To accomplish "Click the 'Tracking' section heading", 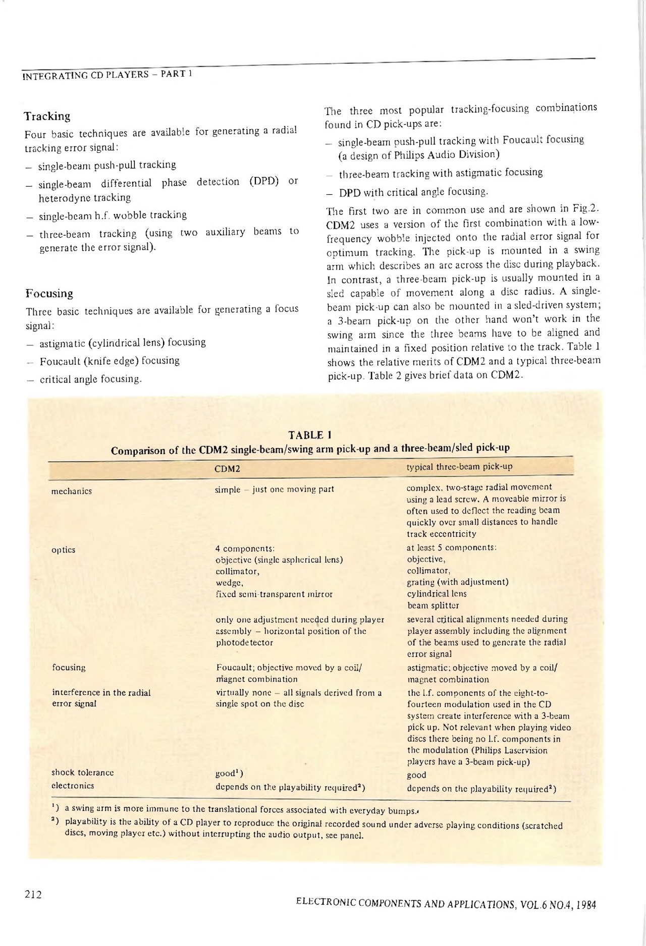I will (47, 117).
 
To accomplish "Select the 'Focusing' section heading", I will (49, 294).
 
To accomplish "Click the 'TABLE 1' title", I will (309, 435).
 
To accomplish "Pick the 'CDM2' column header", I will (227, 469).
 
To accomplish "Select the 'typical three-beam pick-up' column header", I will (459, 467).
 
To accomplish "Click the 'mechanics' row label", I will (72, 491).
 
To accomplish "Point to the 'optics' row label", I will (64, 550).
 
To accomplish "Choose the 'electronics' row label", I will (73, 786).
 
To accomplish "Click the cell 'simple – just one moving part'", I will (275, 489).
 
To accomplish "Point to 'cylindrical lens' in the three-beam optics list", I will (437, 594).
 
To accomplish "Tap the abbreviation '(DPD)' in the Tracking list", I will (264, 181).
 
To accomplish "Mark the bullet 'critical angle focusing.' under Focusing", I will (91, 379).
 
